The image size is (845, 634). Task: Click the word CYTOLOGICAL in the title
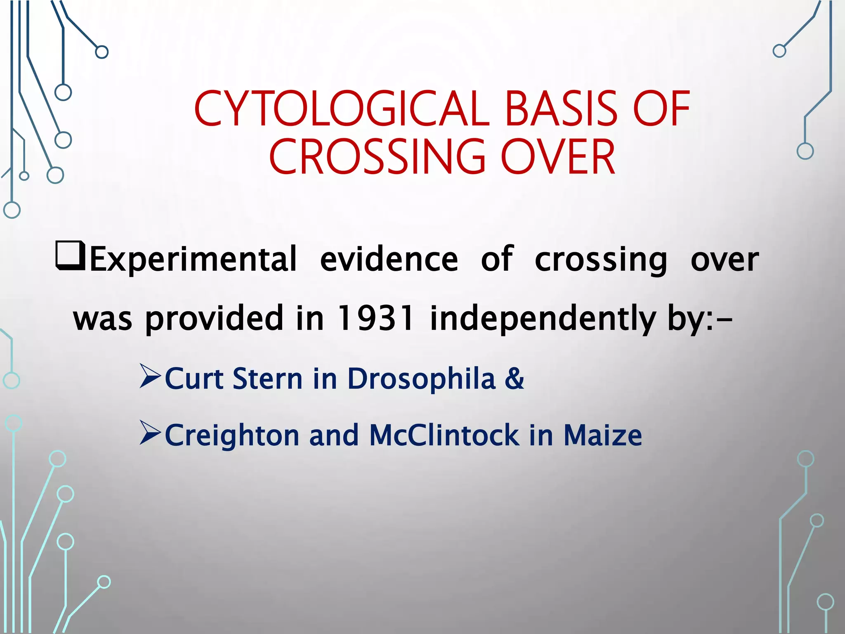[342, 109]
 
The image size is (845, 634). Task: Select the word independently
[543, 318]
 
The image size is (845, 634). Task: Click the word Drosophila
[421, 379]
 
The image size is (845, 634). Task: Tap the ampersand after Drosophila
[514, 379]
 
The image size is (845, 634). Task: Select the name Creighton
[232, 436]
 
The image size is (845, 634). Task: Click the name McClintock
[444, 436]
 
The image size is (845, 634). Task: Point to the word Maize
[602, 436]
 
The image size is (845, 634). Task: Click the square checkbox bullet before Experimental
[70, 257]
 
